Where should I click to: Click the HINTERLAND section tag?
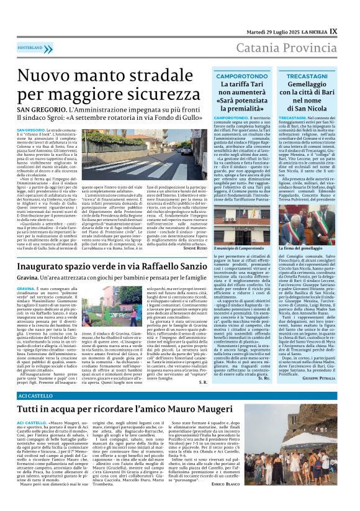(30, 47)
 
